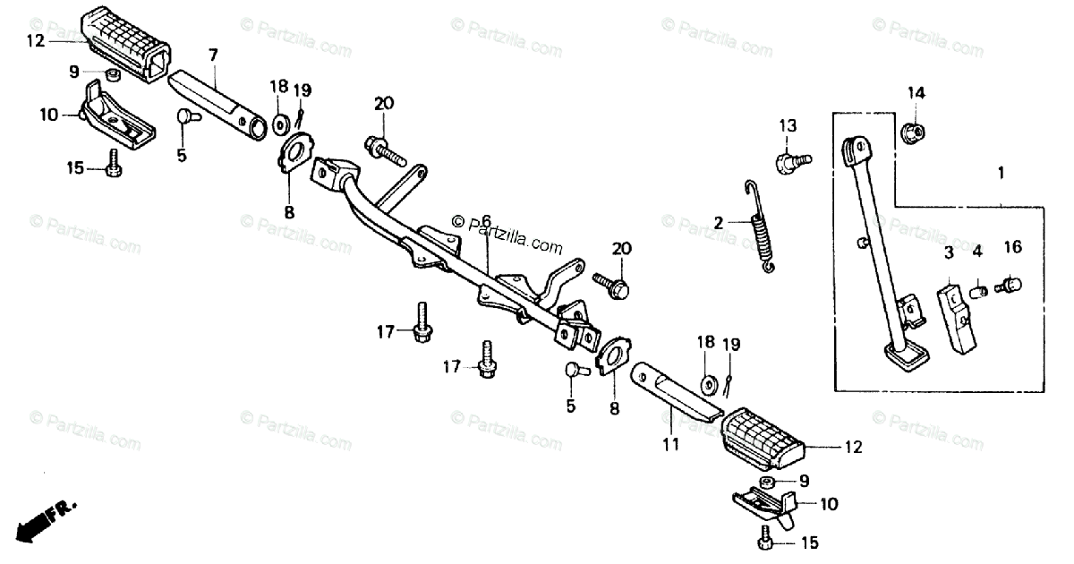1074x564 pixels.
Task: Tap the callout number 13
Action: point(787,125)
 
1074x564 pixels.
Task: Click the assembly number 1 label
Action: point(1002,171)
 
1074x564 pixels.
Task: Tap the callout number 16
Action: point(1011,247)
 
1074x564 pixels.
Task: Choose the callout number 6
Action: point(486,220)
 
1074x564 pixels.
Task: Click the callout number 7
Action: point(213,55)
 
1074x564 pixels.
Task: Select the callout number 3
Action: point(949,254)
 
